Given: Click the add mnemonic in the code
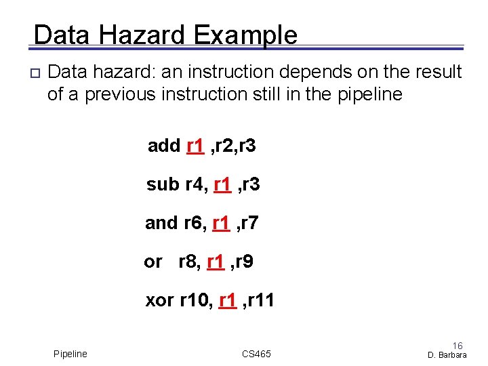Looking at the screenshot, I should point(164,146).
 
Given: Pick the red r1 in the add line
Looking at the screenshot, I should point(195,146).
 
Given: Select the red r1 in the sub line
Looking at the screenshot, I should point(222,184).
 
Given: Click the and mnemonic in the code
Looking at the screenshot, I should point(161,222).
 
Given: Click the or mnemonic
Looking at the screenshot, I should point(152,262).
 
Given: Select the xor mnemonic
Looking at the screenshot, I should point(160,300).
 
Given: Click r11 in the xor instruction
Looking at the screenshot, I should point(262,300).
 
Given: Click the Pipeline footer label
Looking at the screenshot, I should point(70,354).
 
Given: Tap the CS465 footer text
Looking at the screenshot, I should point(256,354).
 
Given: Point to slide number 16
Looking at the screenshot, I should point(457,346).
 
